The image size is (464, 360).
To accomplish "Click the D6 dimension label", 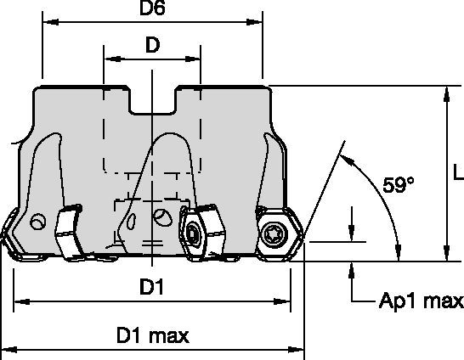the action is tap(152, 8).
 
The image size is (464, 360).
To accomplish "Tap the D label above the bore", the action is tap(152, 45).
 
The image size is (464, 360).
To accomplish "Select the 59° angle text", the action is tap(398, 185).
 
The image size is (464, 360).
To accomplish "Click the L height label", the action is tap(459, 172).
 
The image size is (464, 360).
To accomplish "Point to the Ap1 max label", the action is tap(422, 301).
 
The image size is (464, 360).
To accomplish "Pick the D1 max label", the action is tap(153, 335).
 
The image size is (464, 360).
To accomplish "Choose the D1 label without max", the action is tap(151, 287).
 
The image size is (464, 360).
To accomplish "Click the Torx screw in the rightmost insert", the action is tap(273, 234).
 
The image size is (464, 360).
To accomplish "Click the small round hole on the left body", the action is tap(38, 221).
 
